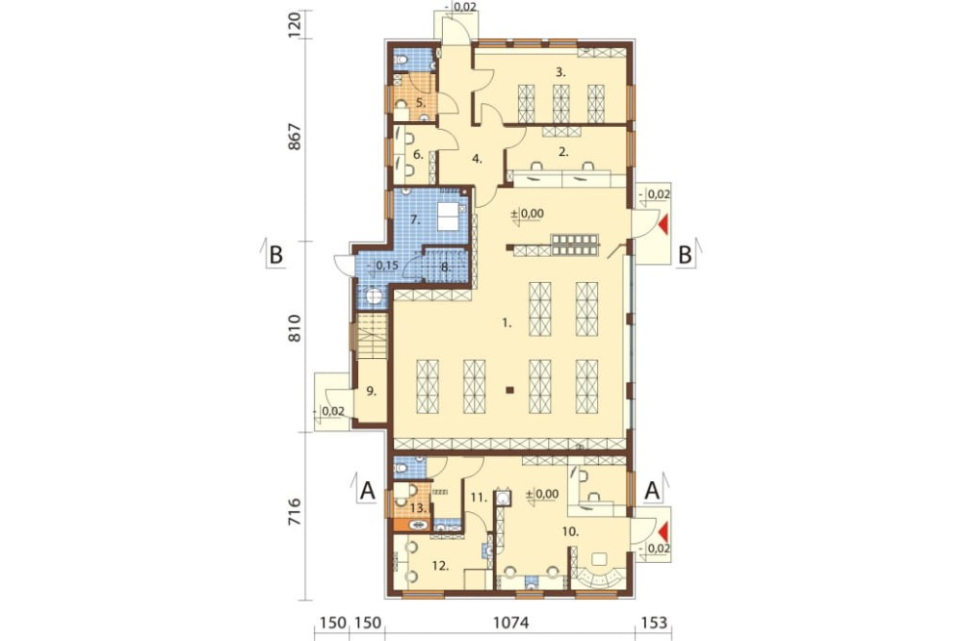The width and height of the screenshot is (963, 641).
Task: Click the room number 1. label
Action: tap(507, 322)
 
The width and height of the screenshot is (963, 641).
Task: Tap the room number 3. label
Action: tap(560, 72)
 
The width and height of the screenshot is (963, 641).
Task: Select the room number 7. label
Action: tap(415, 219)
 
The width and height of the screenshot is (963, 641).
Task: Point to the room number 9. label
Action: tap(371, 391)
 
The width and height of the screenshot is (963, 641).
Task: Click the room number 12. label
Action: tap(441, 566)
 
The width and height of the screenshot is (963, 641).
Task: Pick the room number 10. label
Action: tap(570, 531)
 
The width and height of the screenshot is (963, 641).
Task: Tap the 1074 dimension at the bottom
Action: tap(511, 623)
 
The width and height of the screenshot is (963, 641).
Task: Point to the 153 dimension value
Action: tap(654, 623)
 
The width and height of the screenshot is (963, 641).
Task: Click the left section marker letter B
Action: tap(275, 254)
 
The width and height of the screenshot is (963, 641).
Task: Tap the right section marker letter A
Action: tap(652, 490)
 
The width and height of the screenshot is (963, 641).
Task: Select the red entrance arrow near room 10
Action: tap(664, 532)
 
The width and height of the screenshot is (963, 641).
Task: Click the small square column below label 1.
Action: tap(509, 389)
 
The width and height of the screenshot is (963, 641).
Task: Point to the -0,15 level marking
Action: tap(384, 266)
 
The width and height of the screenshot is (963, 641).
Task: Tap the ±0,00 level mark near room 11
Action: tap(542, 494)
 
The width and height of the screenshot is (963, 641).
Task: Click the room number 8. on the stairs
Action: tap(447, 268)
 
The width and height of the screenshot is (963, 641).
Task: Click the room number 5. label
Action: tap(421, 103)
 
